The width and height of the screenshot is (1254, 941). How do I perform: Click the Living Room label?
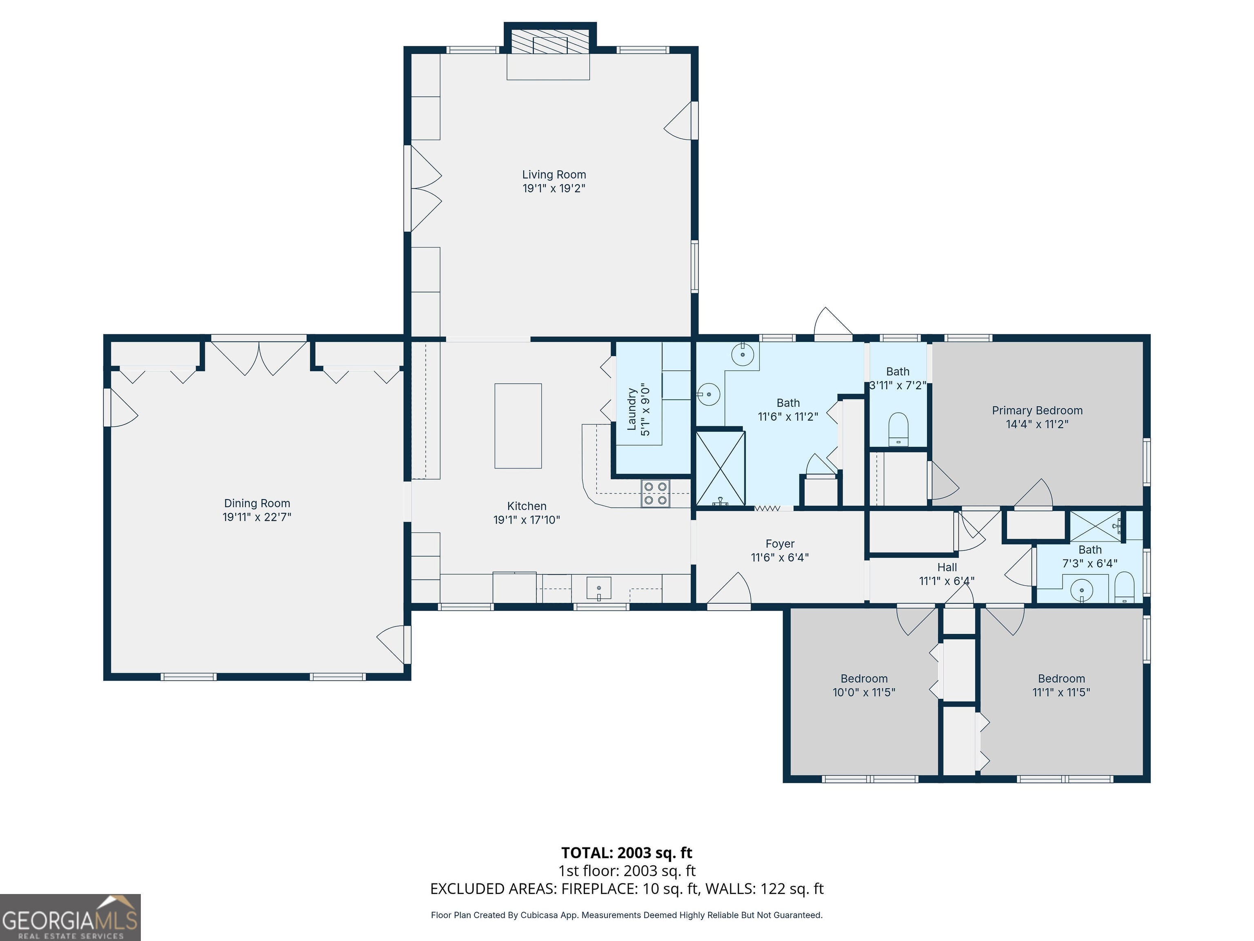click(554, 175)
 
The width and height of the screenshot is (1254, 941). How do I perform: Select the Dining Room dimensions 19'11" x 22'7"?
click(257, 517)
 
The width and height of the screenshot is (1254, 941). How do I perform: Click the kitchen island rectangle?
click(518, 426)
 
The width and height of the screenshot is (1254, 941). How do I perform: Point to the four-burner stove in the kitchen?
click(655, 493)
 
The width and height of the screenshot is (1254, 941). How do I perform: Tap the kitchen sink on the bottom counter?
click(599, 588)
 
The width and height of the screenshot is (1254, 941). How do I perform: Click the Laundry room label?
click(631, 410)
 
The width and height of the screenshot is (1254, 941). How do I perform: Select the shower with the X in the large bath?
click(720, 468)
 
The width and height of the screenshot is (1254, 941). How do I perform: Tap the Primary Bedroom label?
click(1037, 410)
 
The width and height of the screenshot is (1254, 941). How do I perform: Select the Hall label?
click(947, 567)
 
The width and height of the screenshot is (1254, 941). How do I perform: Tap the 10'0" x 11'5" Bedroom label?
click(864, 678)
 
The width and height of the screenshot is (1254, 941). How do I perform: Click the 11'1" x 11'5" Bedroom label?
click(1061, 678)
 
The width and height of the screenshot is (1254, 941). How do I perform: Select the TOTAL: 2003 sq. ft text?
click(627, 852)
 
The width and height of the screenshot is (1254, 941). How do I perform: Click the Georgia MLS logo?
click(70, 917)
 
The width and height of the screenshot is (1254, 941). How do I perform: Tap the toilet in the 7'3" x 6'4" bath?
click(1124, 587)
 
